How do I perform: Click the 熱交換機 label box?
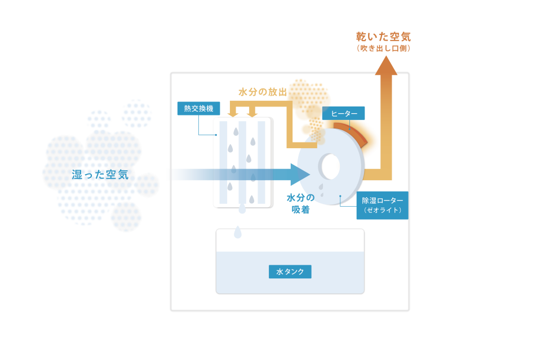pyautogui.click(x=199, y=108)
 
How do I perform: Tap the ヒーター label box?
pyautogui.click(x=343, y=113)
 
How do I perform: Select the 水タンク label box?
pyautogui.click(x=290, y=272)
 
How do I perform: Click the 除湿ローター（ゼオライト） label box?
pyautogui.click(x=382, y=205)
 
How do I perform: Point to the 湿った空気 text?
pyautogui.click(x=100, y=175)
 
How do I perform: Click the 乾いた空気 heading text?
pyautogui.click(x=383, y=37)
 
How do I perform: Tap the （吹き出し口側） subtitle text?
pyautogui.click(x=383, y=48)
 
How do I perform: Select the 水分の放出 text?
pyautogui.click(x=263, y=92)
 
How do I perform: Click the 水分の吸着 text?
pyautogui.click(x=300, y=203)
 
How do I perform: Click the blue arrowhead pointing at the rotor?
pyautogui.click(x=299, y=175)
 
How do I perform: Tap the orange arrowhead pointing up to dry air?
pyautogui.click(x=386, y=65)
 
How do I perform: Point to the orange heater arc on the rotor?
pyautogui.click(x=351, y=133)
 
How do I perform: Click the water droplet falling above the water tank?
pyautogui.click(x=238, y=233)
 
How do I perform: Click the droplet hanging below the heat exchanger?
pyautogui.click(x=242, y=208)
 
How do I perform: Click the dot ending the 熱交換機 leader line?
pyautogui.click(x=216, y=135)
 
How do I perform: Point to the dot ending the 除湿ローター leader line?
pyautogui.click(x=340, y=196)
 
